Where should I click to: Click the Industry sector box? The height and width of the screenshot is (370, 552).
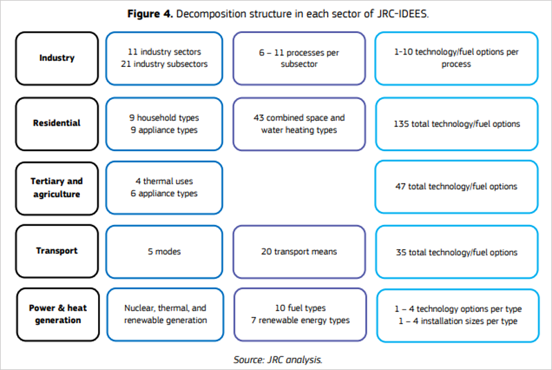[x=57, y=58]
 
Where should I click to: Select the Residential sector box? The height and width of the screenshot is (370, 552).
[x=57, y=124]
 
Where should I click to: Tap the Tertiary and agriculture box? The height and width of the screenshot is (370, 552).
[x=57, y=187]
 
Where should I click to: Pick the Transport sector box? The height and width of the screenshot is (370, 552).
[x=57, y=251]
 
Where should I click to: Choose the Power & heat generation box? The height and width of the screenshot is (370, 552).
[x=57, y=314]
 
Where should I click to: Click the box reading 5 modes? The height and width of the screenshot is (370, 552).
[x=164, y=251]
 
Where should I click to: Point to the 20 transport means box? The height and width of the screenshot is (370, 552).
[x=299, y=251]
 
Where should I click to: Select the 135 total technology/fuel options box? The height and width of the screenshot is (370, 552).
[x=456, y=124]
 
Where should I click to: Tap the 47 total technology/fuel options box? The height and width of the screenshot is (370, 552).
[x=456, y=186]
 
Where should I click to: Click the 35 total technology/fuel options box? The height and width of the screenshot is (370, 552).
[x=456, y=252]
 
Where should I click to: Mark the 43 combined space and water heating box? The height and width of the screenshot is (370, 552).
[x=299, y=124]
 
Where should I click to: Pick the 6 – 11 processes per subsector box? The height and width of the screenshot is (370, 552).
[x=299, y=58]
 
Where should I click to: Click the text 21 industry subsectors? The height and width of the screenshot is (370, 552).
[x=164, y=65]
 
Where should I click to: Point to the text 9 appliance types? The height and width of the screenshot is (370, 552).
[x=164, y=130]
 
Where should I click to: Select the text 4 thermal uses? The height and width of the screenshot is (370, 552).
[x=164, y=181]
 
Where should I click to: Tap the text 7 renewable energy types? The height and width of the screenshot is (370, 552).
[x=299, y=320]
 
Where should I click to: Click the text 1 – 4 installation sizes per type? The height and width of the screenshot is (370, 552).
[x=456, y=321]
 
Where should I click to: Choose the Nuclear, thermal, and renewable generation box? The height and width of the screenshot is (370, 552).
[x=164, y=314]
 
